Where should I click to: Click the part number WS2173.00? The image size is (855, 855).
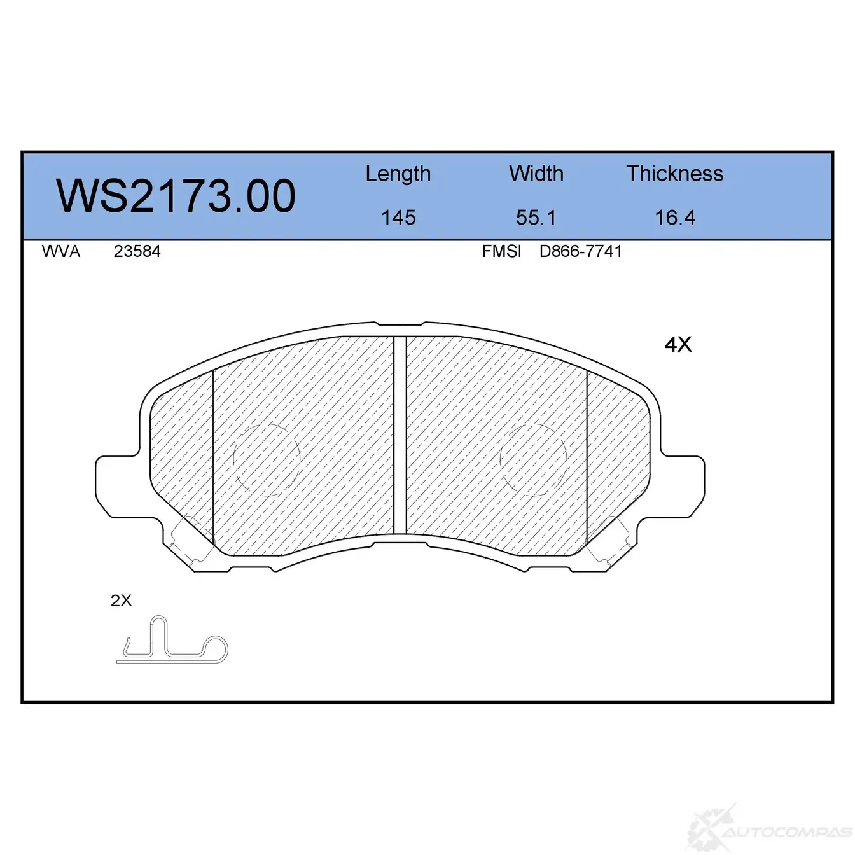click(176, 196)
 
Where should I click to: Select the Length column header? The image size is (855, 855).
click(398, 174)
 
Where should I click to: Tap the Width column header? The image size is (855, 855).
click(536, 174)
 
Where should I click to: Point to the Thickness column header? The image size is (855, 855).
click(674, 174)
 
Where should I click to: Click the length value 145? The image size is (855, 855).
click(398, 218)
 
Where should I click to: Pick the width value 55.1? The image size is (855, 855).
click(536, 218)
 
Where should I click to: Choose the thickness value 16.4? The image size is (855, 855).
click(675, 218)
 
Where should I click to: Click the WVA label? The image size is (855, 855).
click(61, 251)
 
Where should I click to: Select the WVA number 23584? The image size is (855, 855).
click(137, 251)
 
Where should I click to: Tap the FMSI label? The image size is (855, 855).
click(501, 251)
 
